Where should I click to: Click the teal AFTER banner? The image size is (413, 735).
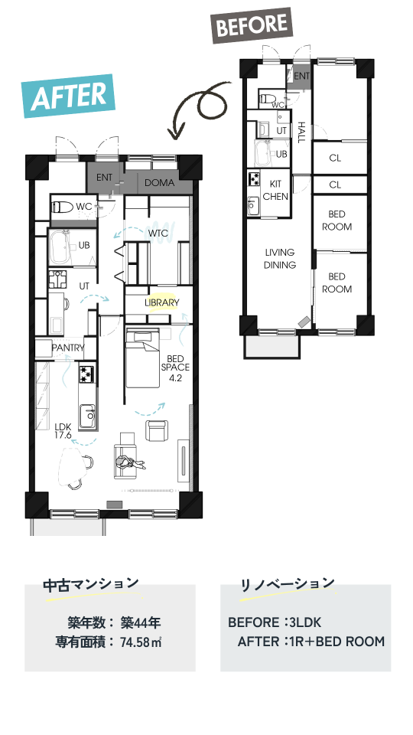(69, 96)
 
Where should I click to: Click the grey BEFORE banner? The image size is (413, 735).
(252, 25)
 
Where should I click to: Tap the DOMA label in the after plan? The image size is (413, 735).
(159, 183)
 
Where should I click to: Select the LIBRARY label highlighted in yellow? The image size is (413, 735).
(161, 303)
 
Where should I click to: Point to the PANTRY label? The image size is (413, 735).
(68, 348)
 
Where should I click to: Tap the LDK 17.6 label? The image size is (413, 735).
(63, 431)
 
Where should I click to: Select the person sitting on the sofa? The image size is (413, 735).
(130, 464)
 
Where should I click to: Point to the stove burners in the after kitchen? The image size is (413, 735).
(86, 374)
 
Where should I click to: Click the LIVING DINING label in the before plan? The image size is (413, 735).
(280, 259)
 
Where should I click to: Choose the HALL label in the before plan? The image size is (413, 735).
(301, 132)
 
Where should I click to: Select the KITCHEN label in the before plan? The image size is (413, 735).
(275, 191)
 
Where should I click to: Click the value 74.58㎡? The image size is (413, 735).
(141, 642)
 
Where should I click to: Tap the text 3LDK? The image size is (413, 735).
(305, 622)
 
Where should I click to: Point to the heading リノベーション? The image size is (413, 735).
(288, 584)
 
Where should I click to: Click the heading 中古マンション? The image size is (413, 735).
(91, 584)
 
